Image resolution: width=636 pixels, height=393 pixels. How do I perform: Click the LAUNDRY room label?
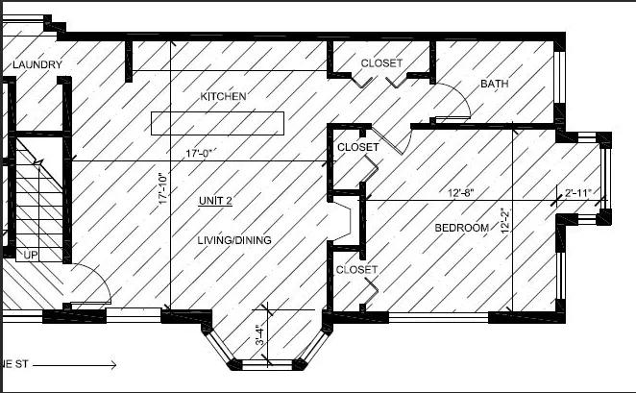[37, 65]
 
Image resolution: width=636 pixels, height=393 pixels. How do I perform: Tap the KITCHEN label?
[223, 96]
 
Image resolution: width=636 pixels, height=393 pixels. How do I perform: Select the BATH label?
[495, 84]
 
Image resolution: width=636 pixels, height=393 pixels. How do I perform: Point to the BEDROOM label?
[461, 228]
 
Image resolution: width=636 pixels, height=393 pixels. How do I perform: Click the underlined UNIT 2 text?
[215, 201]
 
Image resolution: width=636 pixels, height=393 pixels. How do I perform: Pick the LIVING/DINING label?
[234, 240]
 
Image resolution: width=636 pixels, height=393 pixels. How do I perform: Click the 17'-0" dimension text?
[199, 154]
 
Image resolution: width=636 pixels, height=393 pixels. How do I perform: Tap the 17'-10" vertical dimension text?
[163, 188]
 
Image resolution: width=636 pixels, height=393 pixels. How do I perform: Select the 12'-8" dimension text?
[461, 192]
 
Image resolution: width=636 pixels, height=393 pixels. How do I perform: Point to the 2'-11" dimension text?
[578, 192]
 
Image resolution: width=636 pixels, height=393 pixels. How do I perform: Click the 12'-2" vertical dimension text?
[505, 221]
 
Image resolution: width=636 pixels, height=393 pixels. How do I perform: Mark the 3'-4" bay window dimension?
[260, 334]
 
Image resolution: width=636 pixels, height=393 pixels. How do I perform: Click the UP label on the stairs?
[31, 255]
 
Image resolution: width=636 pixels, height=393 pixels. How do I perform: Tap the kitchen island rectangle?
[217, 123]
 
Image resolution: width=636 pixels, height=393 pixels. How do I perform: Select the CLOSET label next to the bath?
[381, 63]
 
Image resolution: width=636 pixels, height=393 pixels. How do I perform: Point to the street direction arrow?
[75, 365]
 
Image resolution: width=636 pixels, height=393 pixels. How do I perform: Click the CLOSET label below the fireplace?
[356, 270]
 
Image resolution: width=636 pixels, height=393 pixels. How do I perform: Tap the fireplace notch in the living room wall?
[339, 221]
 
